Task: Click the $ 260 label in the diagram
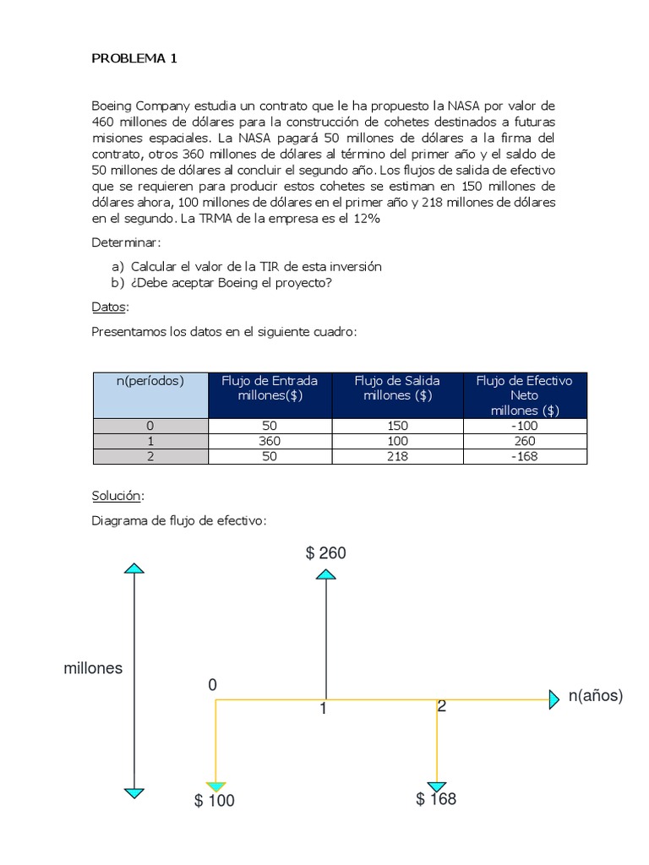(325, 553)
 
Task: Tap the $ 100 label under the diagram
(215, 801)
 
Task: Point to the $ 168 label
(436, 799)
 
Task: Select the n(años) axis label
(595, 696)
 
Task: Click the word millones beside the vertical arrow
(93, 668)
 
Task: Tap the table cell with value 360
(270, 441)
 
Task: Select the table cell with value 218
(396, 456)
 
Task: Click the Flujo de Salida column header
(397, 388)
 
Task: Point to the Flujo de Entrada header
(270, 388)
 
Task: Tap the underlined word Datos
(109, 307)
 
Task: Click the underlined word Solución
(117, 495)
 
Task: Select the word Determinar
(125, 242)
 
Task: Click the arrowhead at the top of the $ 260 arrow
(325, 574)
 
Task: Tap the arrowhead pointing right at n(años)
(554, 699)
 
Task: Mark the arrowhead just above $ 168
(437, 786)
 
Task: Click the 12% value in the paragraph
(367, 219)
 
